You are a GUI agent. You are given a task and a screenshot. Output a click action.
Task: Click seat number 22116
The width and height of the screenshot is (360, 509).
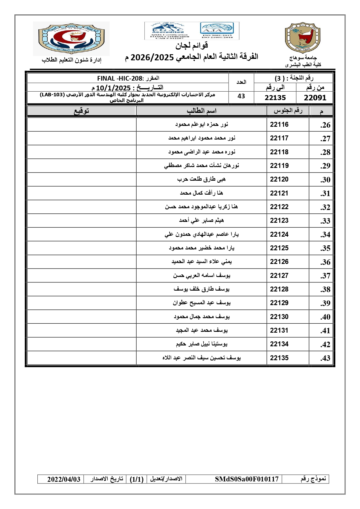coord(279,124)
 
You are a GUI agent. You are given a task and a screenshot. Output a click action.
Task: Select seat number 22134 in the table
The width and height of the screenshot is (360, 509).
coord(279,344)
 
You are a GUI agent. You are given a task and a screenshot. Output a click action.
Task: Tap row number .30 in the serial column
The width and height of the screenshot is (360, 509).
coord(325,180)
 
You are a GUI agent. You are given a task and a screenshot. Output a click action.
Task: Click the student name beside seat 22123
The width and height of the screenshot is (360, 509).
coord(201,220)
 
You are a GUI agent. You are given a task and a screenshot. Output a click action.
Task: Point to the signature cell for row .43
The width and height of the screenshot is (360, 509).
coord(82,358)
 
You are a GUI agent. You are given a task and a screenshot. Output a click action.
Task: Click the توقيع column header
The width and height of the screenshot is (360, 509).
coord(82,111)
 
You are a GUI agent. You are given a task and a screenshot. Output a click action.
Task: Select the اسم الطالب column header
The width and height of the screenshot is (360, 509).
coord(201,111)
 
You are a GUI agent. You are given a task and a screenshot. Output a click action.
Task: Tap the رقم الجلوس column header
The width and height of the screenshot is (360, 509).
coord(288,111)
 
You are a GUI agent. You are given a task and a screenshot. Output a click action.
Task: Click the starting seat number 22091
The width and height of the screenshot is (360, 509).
coord(315,98)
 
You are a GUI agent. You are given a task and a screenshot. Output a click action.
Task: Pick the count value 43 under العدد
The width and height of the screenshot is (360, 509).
coord(241,96)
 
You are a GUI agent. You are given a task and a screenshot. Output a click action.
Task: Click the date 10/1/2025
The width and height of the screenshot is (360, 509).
coord(113,88)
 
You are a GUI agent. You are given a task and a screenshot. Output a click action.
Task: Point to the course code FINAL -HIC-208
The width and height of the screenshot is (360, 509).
coord(120,78)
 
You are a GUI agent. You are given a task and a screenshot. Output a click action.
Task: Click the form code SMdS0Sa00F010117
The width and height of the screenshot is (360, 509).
coord(247,479)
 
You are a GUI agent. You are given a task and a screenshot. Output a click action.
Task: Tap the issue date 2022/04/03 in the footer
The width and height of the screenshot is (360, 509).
coord(64,479)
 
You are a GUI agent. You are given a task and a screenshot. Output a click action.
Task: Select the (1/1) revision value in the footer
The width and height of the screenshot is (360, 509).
coord(137,479)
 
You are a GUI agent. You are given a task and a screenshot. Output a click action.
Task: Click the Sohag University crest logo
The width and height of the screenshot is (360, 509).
coord(303,38)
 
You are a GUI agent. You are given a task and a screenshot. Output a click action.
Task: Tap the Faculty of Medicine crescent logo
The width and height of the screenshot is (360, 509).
coord(71,38)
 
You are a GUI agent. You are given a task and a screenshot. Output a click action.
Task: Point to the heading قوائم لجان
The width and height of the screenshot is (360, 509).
coord(191,46)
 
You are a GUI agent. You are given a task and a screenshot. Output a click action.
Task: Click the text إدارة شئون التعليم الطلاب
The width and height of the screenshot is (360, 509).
coord(71,60)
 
